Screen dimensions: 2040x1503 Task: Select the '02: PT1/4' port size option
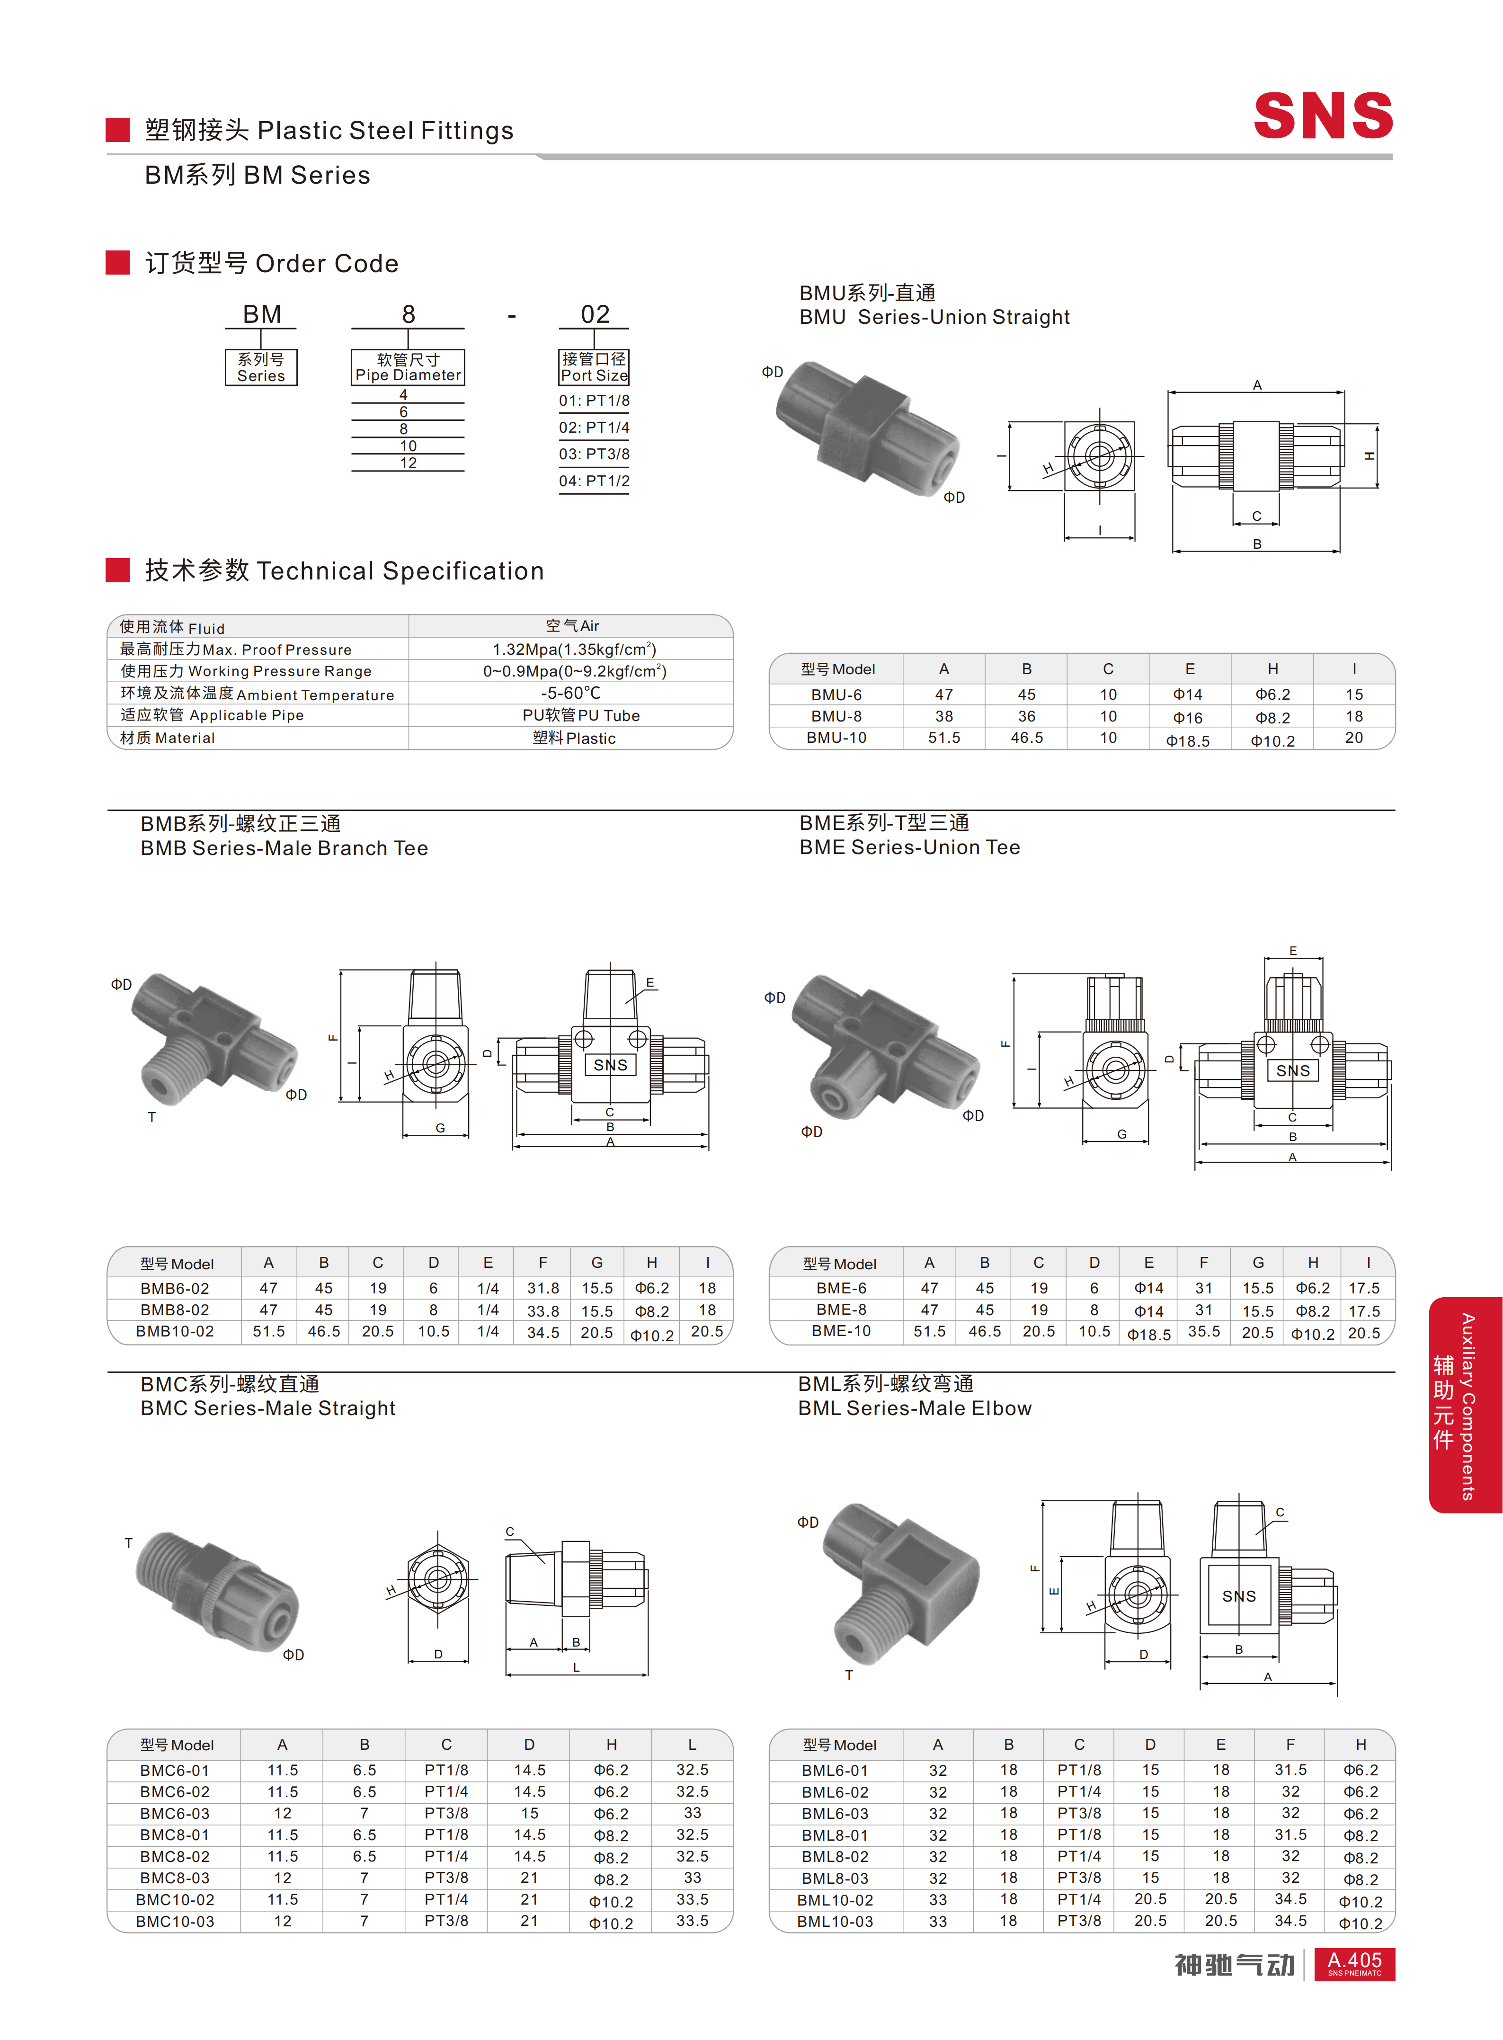point(594,428)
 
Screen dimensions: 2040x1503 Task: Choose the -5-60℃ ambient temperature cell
point(570,693)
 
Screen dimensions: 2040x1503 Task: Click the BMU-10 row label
point(836,738)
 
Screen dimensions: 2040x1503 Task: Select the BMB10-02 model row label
point(175,1331)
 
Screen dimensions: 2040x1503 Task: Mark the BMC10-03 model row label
point(175,1921)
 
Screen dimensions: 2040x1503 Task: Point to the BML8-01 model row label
point(834,1835)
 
